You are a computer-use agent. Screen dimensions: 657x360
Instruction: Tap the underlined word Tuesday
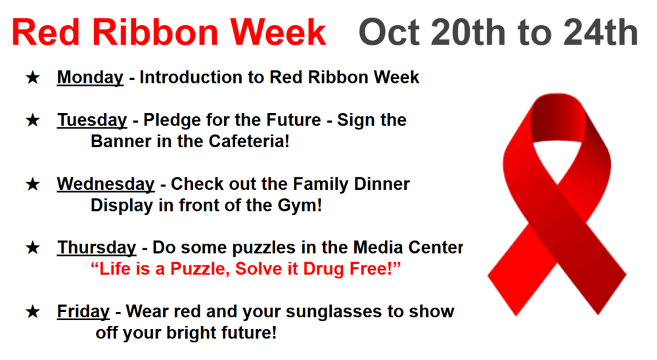click(92, 121)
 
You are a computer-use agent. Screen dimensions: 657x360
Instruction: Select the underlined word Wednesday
click(106, 185)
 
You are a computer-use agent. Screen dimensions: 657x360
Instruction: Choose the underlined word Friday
click(83, 312)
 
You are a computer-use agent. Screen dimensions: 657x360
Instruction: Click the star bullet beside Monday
click(33, 78)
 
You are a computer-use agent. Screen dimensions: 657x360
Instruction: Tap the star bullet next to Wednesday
click(33, 185)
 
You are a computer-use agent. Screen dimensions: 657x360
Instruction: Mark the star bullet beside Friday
click(33, 312)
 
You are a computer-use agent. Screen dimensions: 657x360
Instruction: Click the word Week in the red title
click(278, 33)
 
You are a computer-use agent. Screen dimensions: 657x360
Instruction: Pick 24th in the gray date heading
click(601, 33)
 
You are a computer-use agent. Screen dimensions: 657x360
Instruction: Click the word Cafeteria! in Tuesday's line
click(249, 141)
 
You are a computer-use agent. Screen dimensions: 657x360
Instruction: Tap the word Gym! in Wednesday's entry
click(300, 206)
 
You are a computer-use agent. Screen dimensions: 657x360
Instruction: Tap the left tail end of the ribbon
click(503, 294)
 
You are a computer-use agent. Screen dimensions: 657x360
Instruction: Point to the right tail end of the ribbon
click(610, 294)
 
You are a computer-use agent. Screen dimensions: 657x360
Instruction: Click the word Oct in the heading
click(389, 33)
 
